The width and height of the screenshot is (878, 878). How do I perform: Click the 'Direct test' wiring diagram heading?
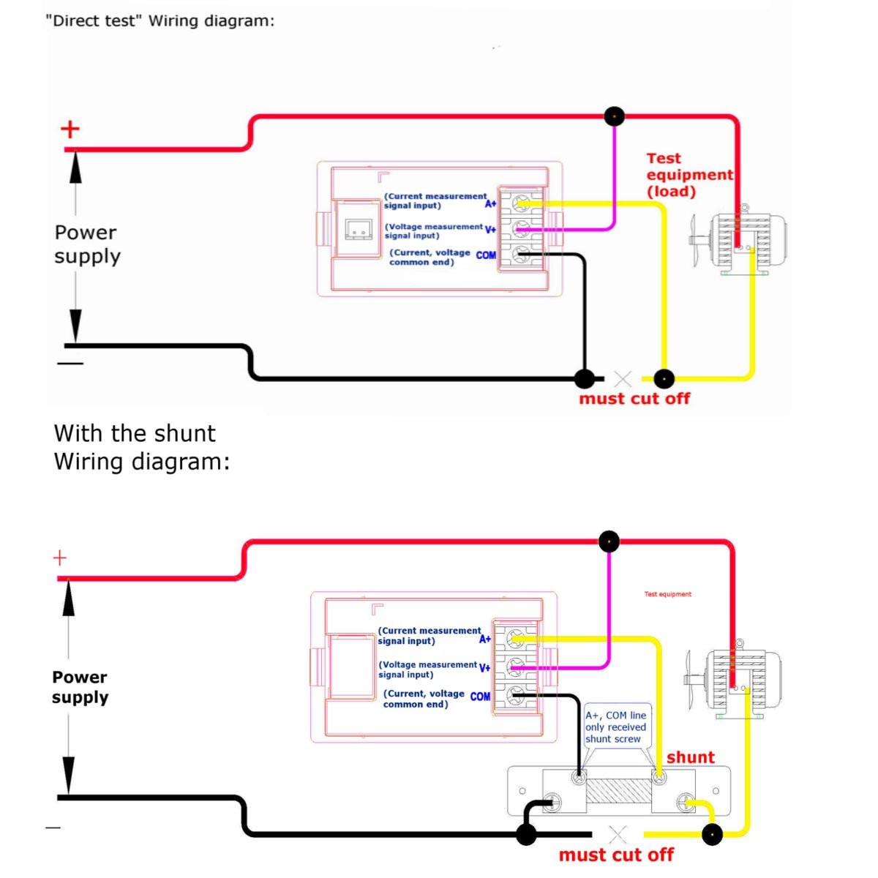(x=160, y=21)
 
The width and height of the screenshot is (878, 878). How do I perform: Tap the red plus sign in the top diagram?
(x=70, y=130)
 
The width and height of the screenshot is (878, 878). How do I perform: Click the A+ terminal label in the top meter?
(x=490, y=203)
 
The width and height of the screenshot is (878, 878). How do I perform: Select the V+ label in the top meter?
(x=490, y=230)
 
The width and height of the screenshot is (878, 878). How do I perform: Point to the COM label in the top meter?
(x=486, y=255)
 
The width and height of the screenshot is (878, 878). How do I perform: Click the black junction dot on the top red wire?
(x=615, y=116)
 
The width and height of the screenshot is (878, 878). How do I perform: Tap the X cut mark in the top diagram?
(x=623, y=379)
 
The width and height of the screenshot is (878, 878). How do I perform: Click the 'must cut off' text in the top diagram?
(x=634, y=399)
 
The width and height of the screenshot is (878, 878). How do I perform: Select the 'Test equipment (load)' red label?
(x=688, y=175)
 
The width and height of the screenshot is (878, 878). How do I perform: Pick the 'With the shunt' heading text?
(x=135, y=433)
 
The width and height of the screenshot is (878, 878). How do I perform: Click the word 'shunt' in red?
(x=690, y=758)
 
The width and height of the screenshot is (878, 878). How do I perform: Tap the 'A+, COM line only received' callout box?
(x=615, y=727)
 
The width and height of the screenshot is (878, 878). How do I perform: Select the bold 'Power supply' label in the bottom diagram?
(x=80, y=687)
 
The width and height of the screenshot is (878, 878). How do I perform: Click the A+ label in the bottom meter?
(x=485, y=639)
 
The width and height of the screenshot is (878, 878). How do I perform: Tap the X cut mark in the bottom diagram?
(x=618, y=834)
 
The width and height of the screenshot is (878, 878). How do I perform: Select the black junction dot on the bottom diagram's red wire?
(x=609, y=541)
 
